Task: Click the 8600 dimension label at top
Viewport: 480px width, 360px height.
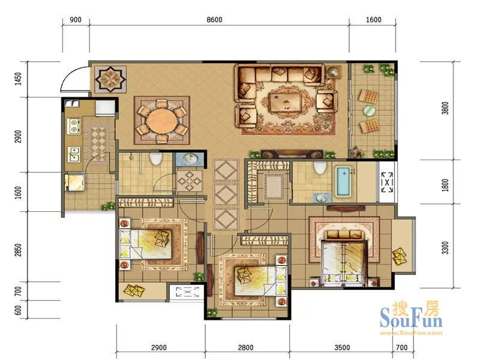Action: (214, 20)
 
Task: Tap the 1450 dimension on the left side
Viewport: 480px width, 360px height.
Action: (19, 79)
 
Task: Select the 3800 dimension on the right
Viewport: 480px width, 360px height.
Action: (445, 108)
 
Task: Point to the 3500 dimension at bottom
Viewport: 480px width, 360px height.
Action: (342, 347)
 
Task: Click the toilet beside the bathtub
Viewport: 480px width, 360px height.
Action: (320, 167)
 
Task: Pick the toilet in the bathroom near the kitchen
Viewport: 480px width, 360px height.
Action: (156, 158)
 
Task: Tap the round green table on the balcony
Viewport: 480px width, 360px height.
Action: (370, 110)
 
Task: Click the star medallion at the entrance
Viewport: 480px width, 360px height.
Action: (110, 79)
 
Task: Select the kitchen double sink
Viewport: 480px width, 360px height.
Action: (74, 154)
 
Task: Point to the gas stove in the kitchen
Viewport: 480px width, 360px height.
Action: (74, 126)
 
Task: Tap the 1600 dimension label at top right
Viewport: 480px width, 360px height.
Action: (373, 20)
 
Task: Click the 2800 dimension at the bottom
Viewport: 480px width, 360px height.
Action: (246, 347)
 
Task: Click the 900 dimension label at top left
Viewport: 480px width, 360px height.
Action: (76, 20)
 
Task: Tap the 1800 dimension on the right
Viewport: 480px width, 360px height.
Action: (445, 185)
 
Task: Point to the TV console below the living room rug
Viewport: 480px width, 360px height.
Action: (292, 154)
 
